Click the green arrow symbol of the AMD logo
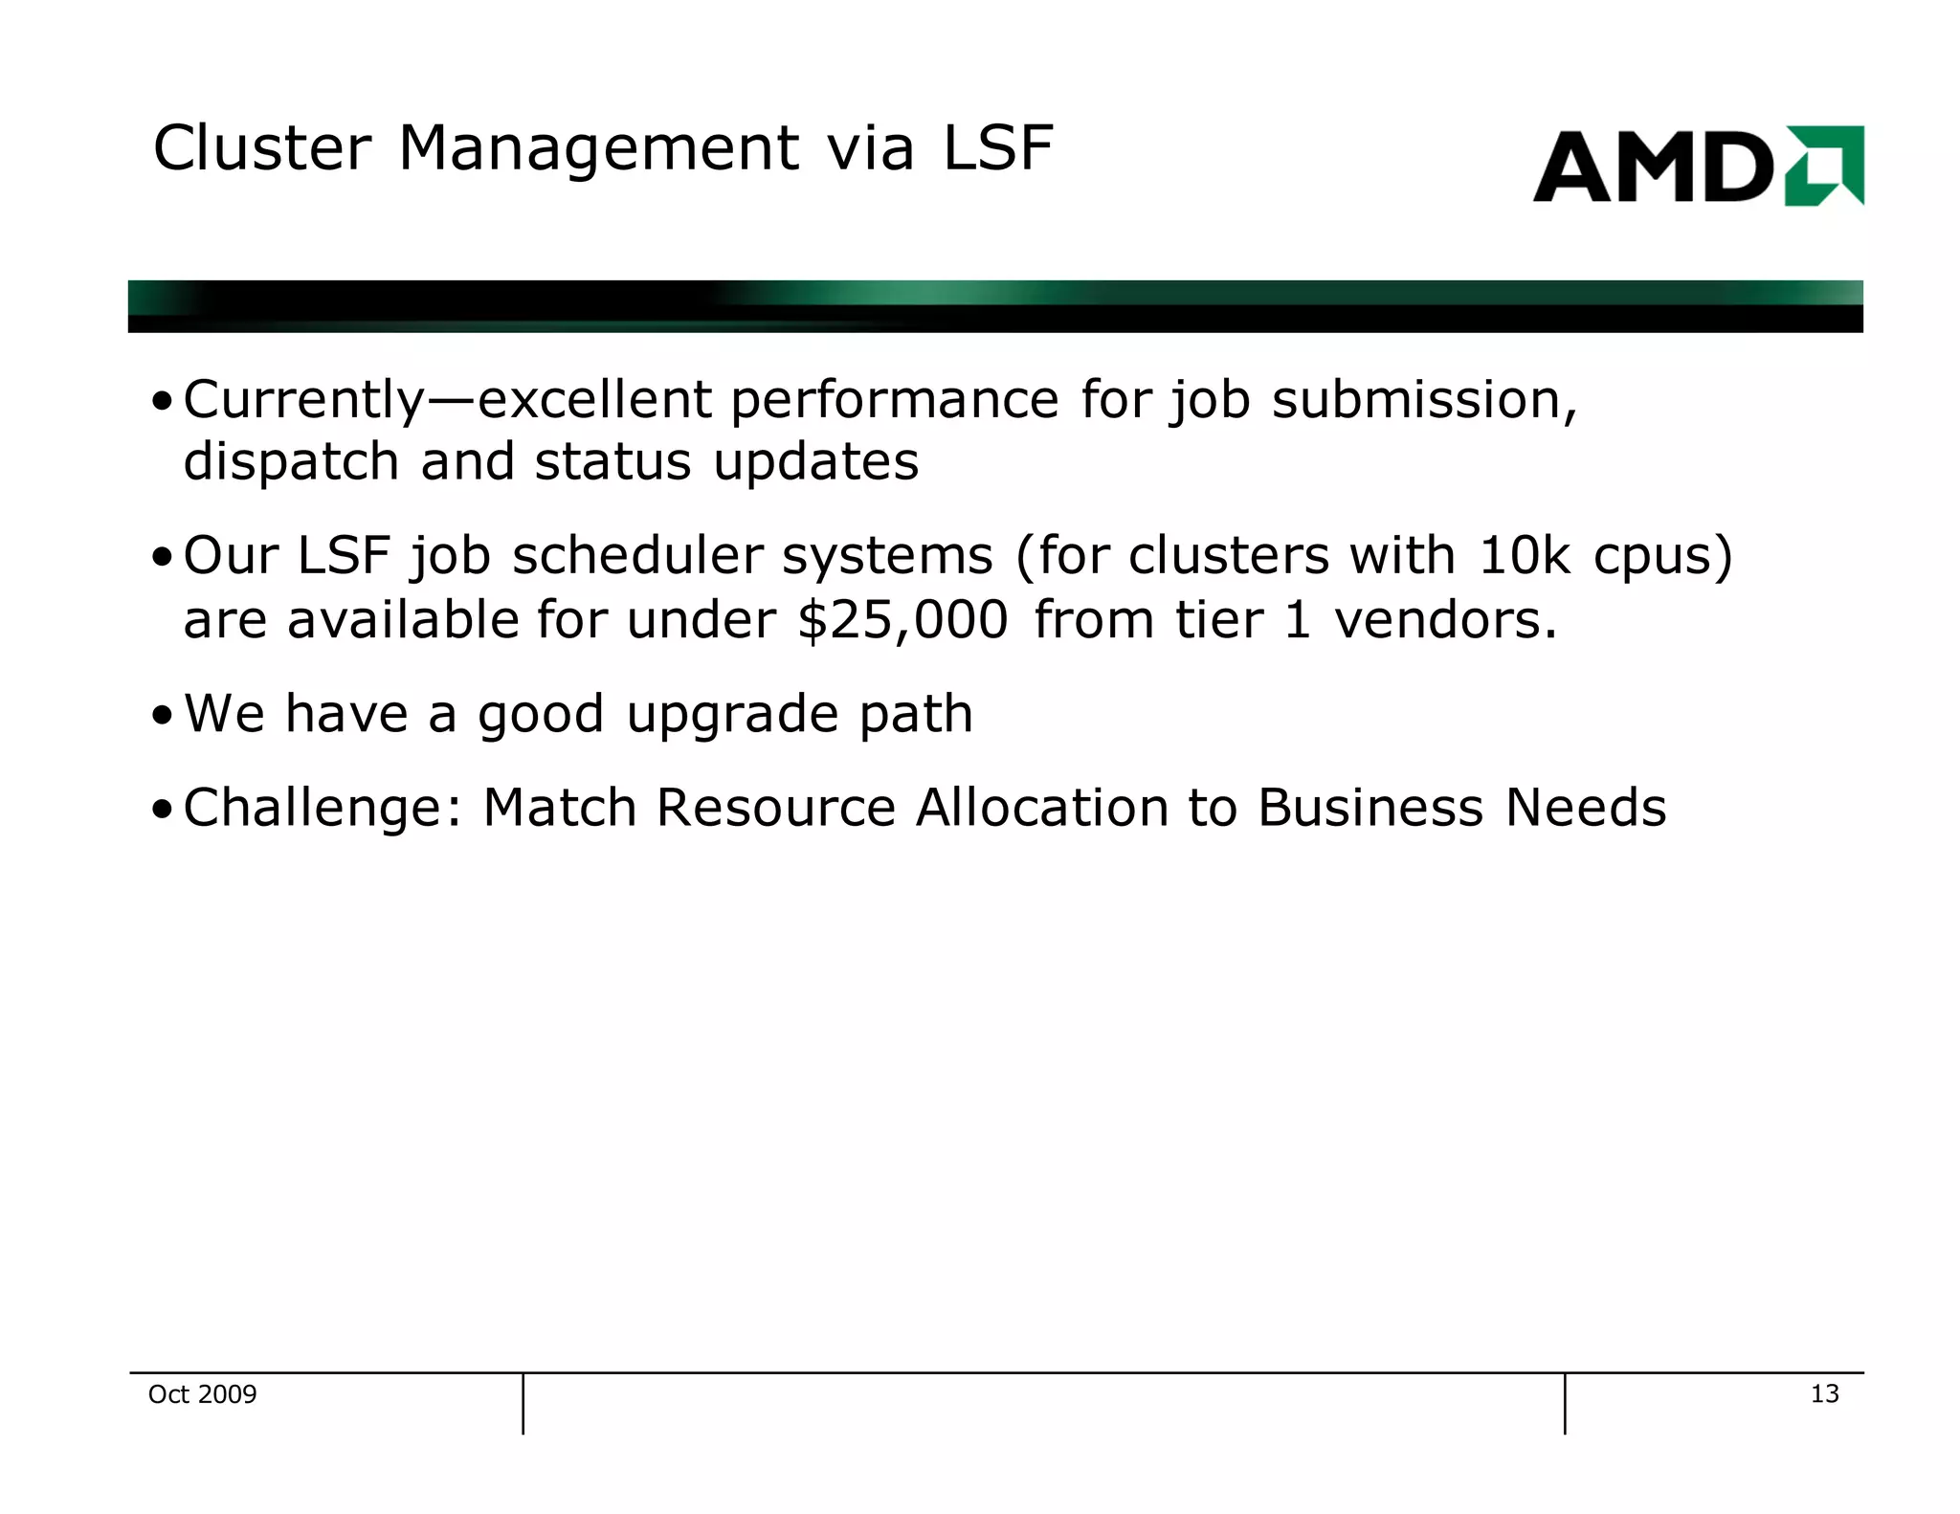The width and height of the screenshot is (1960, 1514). pyautogui.click(x=1824, y=166)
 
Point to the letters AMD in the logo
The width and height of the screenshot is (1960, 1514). pyautogui.click(x=1653, y=167)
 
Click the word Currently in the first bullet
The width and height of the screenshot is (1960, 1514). pyautogui.click(x=303, y=400)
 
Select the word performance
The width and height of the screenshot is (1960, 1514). pyautogui.click(x=895, y=400)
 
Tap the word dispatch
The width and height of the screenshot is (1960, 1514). pyautogui.click(x=291, y=462)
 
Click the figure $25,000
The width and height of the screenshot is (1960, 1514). pyautogui.click(x=902, y=620)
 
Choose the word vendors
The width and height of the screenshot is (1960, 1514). pyautogui.click(x=1446, y=620)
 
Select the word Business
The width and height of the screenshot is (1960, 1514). pyautogui.click(x=1370, y=808)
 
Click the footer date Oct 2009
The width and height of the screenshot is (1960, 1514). pyautogui.click(x=202, y=1394)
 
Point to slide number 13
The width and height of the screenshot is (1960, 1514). pyautogui.click(x=1824, y=1394)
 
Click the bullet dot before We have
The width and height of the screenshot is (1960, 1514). pyautogui.click(x=163, y=716)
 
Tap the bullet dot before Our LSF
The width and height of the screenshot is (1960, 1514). pyautogui.click(x=163, y=558)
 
